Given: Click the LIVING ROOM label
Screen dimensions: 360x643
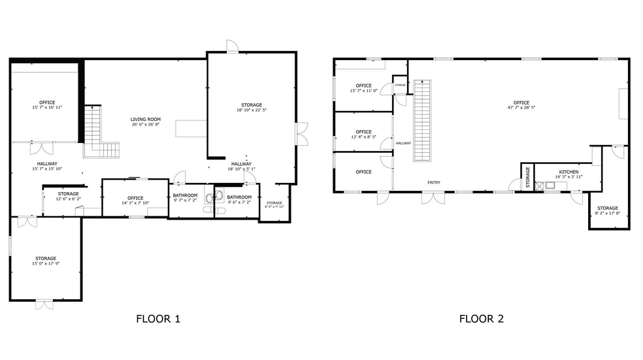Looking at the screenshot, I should point(146,120).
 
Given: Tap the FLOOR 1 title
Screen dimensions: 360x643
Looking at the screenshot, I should point(157,319).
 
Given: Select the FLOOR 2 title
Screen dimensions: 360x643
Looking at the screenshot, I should point(481,319).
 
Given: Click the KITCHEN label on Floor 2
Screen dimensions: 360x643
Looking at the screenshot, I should point(568,172).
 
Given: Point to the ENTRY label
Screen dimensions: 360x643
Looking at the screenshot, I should point(434,182).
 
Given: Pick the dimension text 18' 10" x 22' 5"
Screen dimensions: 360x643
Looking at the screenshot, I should point(251,110).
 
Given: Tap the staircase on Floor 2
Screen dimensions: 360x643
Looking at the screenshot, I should point(423,121).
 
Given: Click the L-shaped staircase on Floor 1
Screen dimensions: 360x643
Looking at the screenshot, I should point(98,134).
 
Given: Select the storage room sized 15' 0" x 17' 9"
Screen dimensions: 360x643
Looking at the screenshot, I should point(46,261).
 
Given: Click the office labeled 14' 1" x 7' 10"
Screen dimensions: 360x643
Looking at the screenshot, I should point(135,201).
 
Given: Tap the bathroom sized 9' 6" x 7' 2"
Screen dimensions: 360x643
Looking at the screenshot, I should point(239,200).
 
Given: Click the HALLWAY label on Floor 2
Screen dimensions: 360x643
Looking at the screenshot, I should point(403,143).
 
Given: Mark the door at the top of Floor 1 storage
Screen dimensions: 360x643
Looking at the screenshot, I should point(232,46).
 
